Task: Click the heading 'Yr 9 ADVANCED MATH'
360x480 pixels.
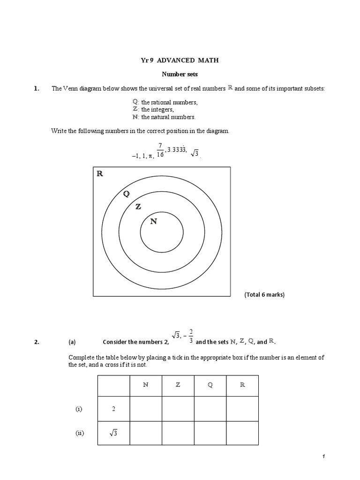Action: coord(180,60)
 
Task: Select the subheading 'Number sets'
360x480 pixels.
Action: coord(180,74)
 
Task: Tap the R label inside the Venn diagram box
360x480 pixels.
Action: coord(99,174)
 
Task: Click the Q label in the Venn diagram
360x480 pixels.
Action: coord(126,194)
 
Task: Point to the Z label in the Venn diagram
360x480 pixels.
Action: coord(138,207)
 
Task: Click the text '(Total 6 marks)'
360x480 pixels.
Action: coord(264,295)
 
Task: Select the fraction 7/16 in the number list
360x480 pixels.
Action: coord(160,150)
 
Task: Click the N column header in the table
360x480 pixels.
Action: coord(146,385)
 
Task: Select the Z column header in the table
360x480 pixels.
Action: coord(178,385)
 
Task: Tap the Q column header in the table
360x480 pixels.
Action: coord(210,385)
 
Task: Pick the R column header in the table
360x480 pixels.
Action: coord(242,385)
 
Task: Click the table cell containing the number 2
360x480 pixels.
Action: coord(113,409)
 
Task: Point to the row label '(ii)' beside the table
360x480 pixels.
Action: coord(79,434)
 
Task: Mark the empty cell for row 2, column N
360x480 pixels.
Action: coord(146,409)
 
